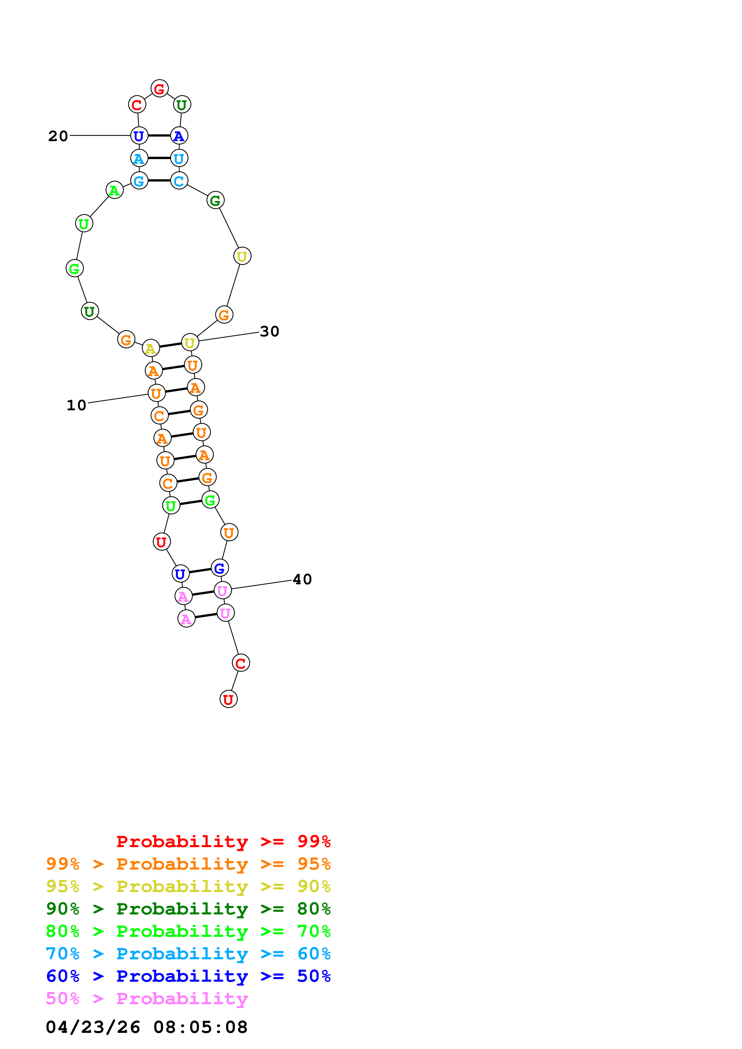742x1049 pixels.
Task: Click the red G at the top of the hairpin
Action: pos(159,89)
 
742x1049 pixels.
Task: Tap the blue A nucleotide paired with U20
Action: pos(179,136)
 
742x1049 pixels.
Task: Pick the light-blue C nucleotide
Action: pos(179,181)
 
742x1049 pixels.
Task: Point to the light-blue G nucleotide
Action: pos(139,181)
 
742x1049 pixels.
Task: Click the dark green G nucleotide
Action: pos(215,200)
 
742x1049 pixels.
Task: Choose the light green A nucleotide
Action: pos(114,190)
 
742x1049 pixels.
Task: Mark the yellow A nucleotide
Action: pos(151,349)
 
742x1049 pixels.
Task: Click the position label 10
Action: pos(76,405)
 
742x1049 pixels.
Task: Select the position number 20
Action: pos(58,136)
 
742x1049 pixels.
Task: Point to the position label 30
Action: pos(269,331)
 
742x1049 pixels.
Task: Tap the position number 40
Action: pos(302,579)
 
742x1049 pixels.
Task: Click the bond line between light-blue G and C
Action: pos(159,181)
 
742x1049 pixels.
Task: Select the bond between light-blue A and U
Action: pos(159,158)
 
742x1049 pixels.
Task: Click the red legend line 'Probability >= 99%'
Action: pos(223,841)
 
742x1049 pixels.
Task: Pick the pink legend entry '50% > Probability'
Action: pos(146,999)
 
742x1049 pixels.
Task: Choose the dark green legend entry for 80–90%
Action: pos(188,909)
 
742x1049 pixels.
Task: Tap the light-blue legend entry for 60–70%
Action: pos(188,954)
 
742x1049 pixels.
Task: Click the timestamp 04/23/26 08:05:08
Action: pos(146,1027)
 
